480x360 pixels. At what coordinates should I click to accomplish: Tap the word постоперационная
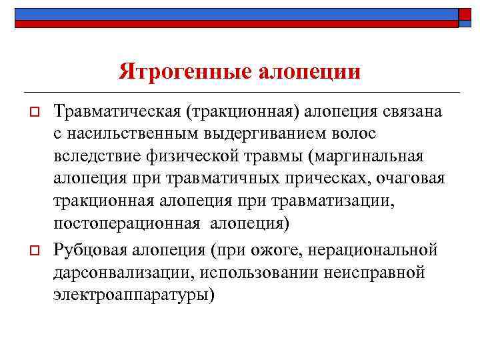coord(125,223)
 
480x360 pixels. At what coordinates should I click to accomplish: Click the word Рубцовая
coord(93,250)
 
